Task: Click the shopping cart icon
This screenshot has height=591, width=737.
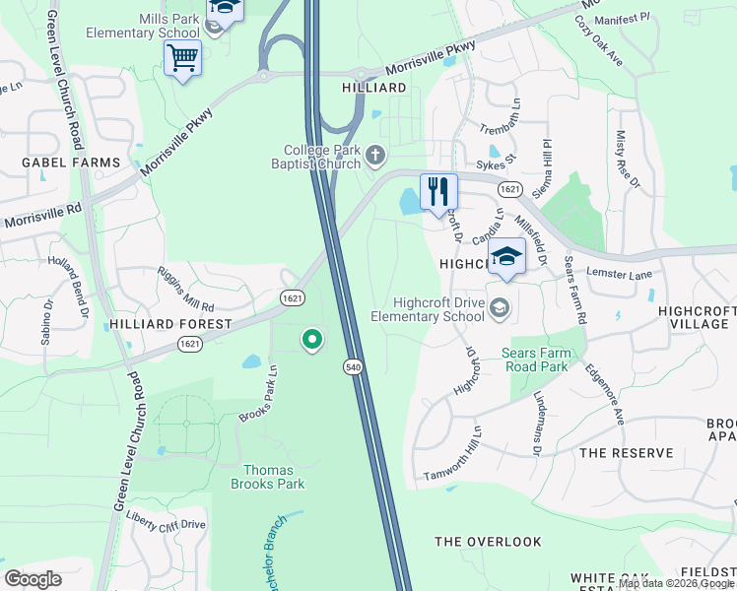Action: [182, 59]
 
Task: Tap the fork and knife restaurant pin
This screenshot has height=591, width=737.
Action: [438, 191]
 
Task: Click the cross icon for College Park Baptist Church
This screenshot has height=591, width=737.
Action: [375, 155]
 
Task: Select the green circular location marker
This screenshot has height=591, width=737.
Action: [312, 341]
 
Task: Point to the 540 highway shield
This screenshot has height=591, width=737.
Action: [353, 366]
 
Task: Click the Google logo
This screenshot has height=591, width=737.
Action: [33, 579]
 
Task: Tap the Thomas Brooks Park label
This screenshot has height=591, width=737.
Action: [268, 476]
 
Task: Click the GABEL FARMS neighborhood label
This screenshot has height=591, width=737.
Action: [71, 163]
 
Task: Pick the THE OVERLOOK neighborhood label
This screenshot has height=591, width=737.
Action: [489, 542]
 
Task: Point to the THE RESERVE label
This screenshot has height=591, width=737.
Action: [627, 453]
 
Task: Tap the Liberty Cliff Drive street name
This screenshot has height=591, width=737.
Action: [166, 524]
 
